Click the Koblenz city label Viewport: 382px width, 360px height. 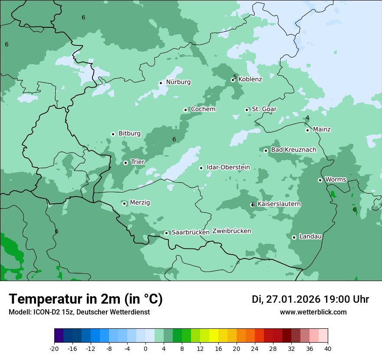coord(250,79)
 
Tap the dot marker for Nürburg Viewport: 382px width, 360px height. coord(161,83)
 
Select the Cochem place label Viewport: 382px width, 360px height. coord(203,109)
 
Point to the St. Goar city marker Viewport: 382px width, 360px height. coord(247,110)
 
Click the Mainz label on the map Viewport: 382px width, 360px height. coord(322,129)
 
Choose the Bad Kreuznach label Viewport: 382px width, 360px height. coord(293,150)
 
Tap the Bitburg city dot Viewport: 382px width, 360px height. coord(113,134)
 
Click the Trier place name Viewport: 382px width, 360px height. coord(137,162)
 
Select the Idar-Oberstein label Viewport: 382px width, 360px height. coord(228,167)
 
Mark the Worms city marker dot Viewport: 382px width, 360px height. coord(320,180)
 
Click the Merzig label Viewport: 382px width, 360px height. coord(140,203)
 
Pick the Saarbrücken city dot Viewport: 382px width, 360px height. coord(166,233)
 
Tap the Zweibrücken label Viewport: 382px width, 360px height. coord(231,231)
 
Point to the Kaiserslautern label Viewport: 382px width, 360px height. coord(279,204)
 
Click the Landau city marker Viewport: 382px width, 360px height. coord(294,237)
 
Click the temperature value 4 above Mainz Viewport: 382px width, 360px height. coord(307,118)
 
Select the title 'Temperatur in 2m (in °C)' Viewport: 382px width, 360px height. coord(86,299)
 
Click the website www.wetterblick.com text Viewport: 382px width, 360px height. coord(313,312)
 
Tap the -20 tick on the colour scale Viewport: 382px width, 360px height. coord(54,348)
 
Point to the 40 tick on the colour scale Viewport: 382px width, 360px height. coord(328,348)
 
